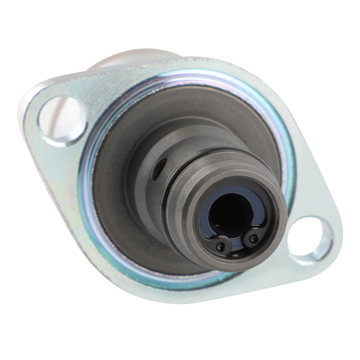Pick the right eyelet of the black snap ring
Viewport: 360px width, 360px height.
(254, 238)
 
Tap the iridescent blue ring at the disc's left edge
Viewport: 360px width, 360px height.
(85, 180)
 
